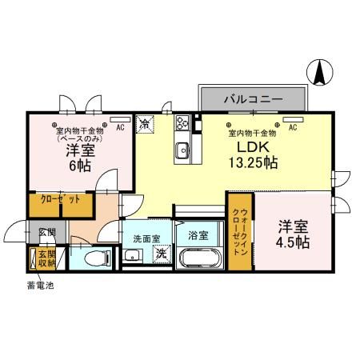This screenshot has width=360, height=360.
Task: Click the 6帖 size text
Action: point(78,166)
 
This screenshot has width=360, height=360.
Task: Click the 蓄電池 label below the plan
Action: point(38,286)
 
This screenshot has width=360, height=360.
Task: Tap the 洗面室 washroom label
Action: point(146,238)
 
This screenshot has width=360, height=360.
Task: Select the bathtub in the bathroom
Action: point(198,260)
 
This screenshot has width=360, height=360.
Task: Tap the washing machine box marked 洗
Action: point(161,254)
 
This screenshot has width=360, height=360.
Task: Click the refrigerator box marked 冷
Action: point(146,124)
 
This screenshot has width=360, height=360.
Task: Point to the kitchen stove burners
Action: point(182,123)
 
